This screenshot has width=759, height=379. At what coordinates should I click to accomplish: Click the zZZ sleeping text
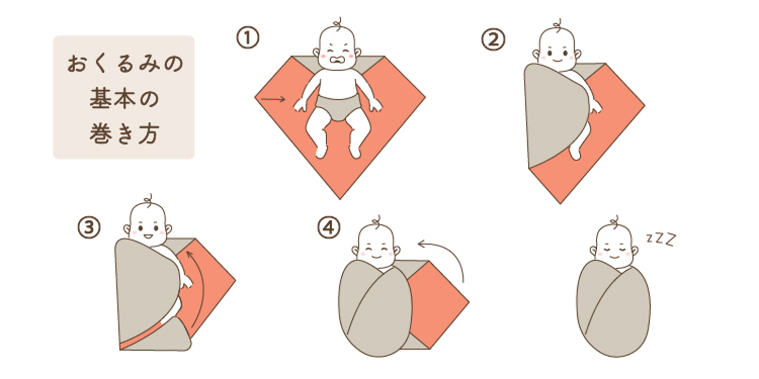pyautogui.click(x=661, y=239)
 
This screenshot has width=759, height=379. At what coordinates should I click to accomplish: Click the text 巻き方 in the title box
pyautogui.click(x=124, y=133)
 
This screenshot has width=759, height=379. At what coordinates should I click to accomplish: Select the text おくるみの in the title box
pyautogui.click(x=124, y=64)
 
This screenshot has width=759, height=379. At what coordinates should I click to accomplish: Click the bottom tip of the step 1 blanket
pyautogui.click(x=339, y=197)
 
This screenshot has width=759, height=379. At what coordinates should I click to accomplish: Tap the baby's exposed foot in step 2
pyautogui.click(x=575, y=154)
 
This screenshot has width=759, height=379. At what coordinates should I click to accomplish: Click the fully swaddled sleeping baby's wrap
pyautogui.click(x=613, y=311)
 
